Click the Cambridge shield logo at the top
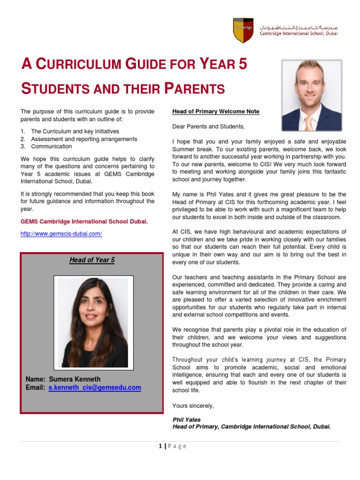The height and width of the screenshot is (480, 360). point(243,30)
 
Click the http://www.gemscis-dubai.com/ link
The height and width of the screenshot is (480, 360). point(61,233)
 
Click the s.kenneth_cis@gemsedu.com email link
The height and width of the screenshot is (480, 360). point(95,388)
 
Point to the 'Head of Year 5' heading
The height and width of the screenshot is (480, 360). point(92,260)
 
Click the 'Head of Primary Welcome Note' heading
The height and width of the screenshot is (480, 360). point(216,112)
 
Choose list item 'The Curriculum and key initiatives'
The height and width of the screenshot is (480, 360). point(75,131)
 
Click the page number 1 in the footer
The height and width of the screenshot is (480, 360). point(160,446)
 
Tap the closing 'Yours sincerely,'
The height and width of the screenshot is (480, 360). point(193,405)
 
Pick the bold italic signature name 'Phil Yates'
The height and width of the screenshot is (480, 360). point(186,420)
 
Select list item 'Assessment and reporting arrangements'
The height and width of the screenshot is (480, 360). point(84,139)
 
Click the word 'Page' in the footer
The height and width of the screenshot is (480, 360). point(177,446)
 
